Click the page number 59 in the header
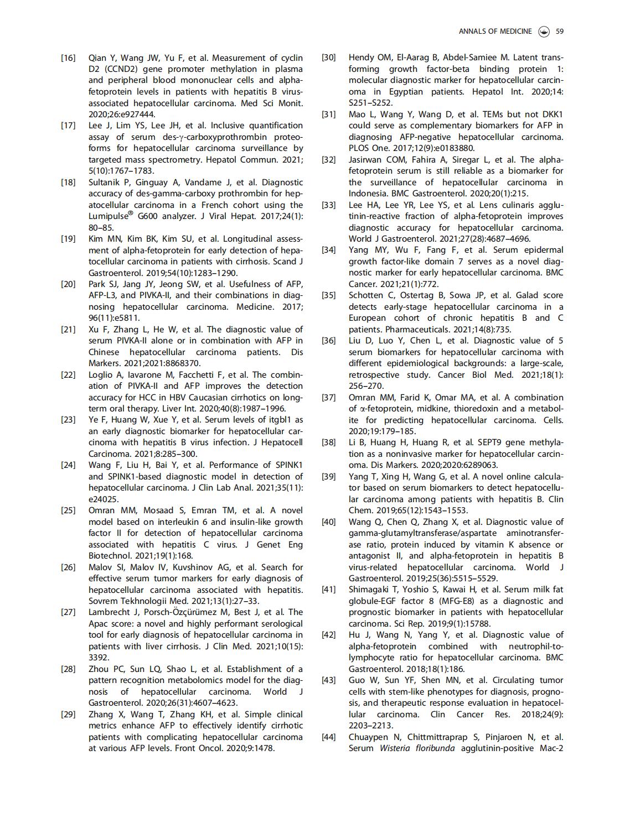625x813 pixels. point(560,32)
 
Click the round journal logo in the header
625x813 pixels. point(544,32)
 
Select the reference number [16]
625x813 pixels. point(68,58)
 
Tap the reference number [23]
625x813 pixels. point(68,420)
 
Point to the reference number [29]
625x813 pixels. point(68,715)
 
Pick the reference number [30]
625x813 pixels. point(328,58)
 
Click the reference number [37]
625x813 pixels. point(328,397)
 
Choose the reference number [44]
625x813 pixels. point(328,737)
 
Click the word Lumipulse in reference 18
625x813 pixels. point(109,217)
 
